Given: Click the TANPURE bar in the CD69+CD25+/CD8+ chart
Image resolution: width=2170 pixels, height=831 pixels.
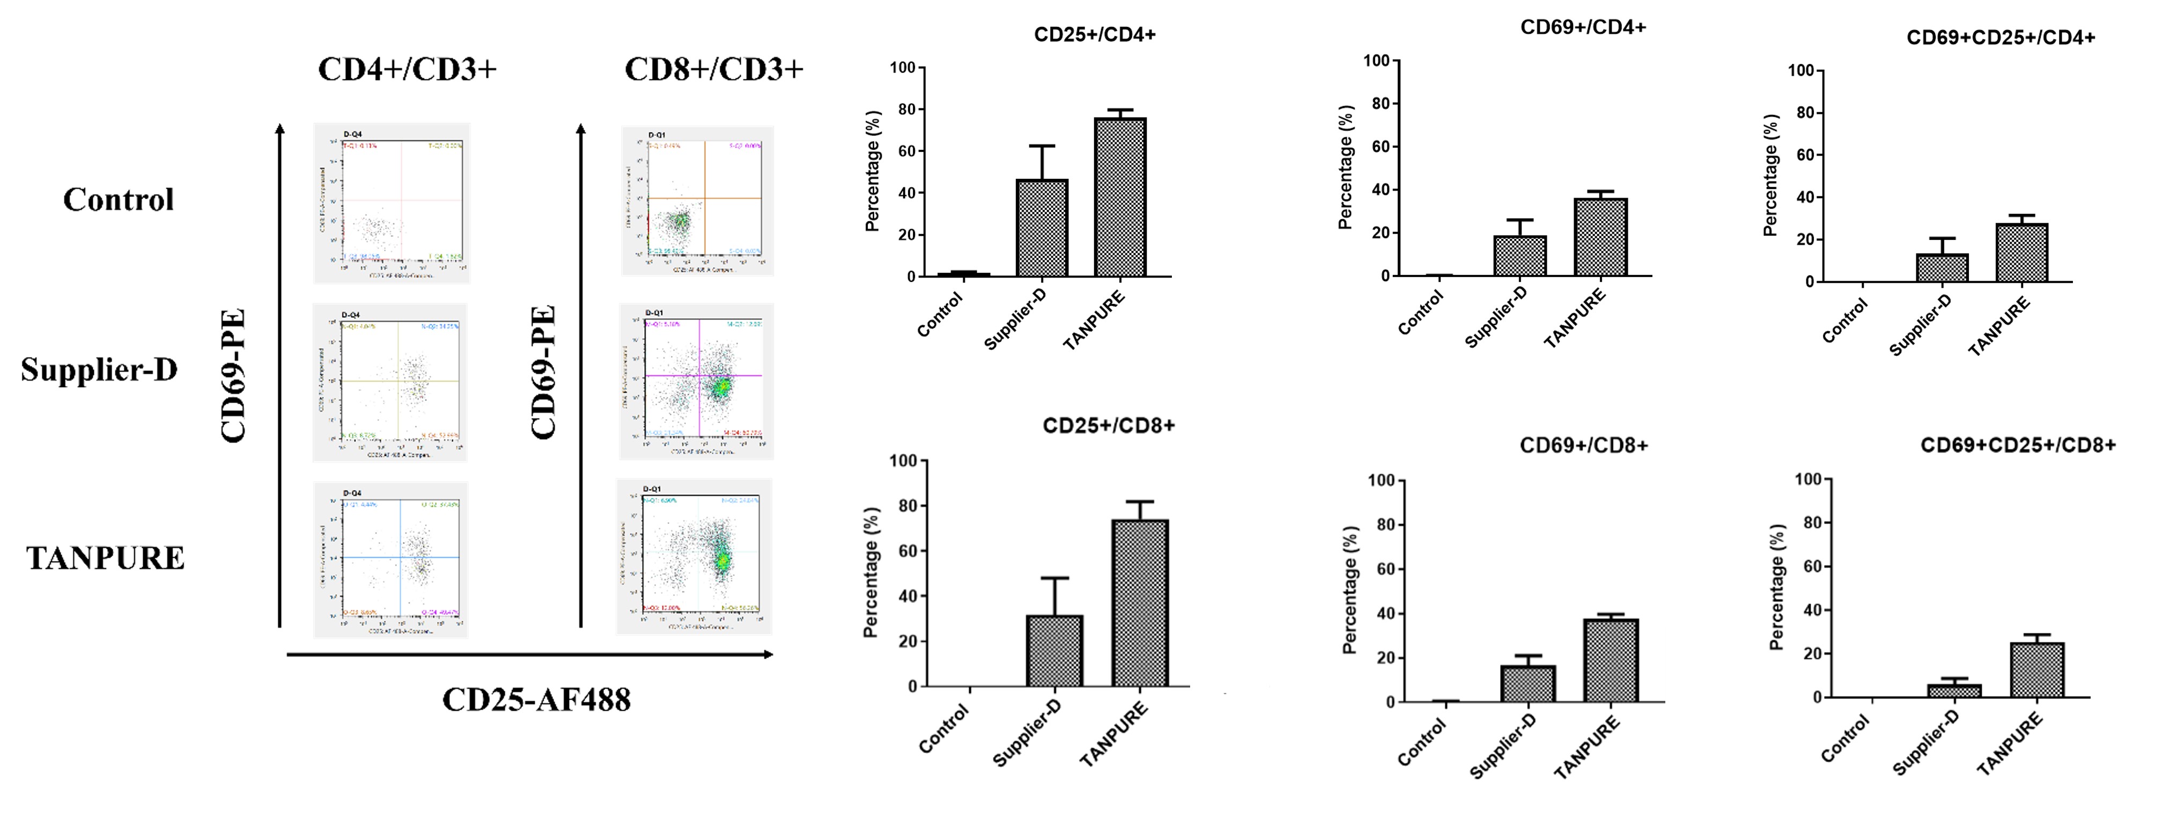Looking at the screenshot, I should [2037, 670].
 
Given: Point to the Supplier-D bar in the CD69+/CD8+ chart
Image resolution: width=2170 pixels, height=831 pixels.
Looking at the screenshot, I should [1527, 683].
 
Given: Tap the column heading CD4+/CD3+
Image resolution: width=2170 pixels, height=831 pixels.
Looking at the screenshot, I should [407, 69].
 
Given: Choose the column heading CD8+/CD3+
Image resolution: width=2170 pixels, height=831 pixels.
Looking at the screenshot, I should [713, 69].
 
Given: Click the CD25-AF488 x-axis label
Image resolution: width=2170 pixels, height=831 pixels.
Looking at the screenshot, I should [536, 699].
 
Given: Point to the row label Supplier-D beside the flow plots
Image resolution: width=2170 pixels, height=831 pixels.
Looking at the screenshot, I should [99, 369].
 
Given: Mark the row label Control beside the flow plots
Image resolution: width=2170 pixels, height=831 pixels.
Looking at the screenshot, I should [118, 200].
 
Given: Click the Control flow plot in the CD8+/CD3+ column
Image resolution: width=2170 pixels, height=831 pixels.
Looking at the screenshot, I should [697, 201].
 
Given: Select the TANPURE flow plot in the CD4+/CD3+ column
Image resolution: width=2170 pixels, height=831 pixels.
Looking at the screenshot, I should [391, 559].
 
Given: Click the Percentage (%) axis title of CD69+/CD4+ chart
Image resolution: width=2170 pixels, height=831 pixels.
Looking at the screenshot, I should [1345, 167].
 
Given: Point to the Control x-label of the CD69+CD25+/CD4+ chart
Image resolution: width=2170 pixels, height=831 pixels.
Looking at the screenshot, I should [1846, 320].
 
